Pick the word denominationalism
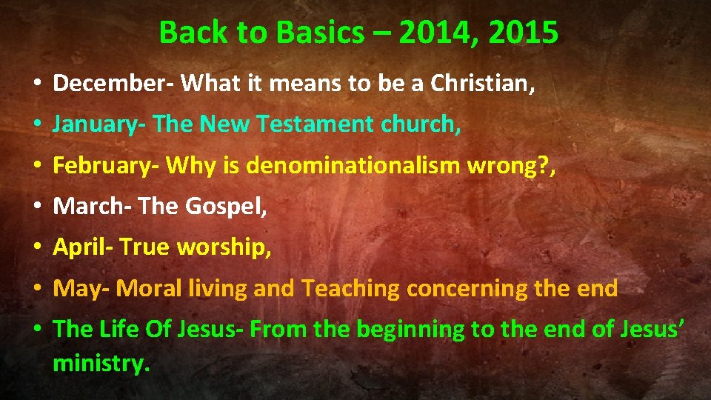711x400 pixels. pyautogui.click(x=353, y=167)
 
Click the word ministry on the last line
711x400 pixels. pyautogui.click(x=101, y=363)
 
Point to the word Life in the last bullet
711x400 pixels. pyautogui.click(x=113, y=330)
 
